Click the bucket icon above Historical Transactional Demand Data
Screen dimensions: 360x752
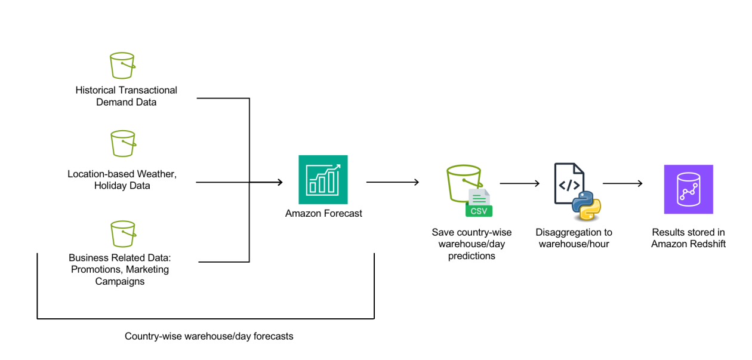coord(122,66)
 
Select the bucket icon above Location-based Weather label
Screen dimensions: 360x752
coord(123,143)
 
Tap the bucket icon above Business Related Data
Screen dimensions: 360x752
coord(123,233)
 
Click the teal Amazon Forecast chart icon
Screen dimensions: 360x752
coord(323,180)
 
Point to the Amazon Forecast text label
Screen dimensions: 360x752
coord(323,214)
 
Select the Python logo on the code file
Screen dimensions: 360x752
coord(585,207)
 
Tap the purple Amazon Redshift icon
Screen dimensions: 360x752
coord(688,189)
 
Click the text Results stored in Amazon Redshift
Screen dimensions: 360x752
coord(688,238)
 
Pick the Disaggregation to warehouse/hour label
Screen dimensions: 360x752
coord(574,238)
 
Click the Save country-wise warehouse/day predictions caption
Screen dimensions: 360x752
coord(471,244)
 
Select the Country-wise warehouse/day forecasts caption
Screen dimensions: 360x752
coord(209,336)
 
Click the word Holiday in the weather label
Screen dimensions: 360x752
coord(108,186)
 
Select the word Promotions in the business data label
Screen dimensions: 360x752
coord(94,269)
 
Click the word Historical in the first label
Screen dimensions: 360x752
coord(96,90)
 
